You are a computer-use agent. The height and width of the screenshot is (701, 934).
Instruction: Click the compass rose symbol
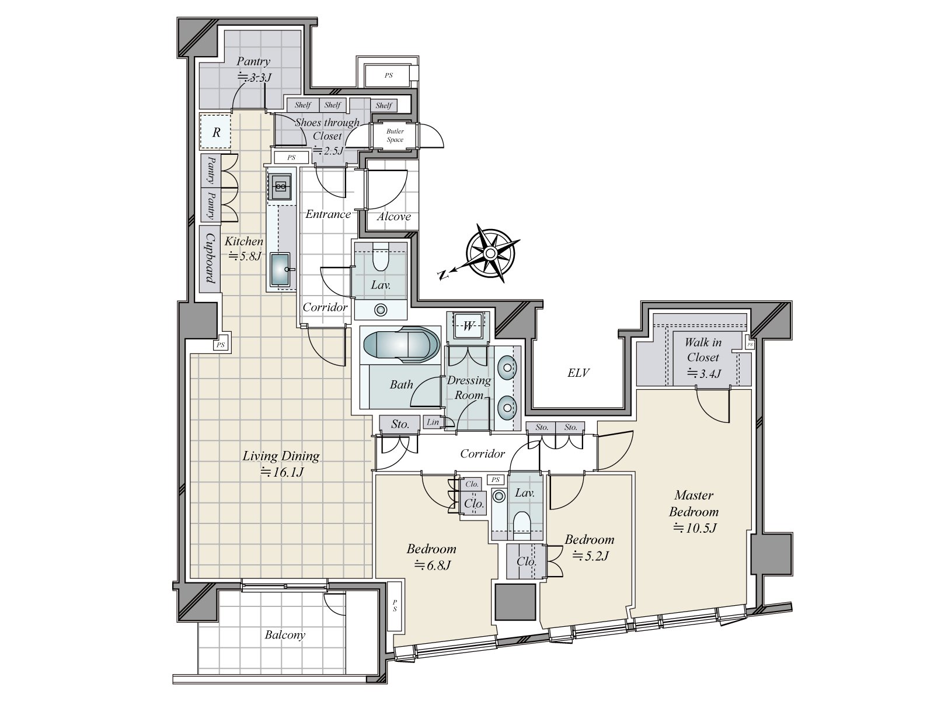490,254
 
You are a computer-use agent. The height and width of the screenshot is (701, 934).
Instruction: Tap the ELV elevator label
578,373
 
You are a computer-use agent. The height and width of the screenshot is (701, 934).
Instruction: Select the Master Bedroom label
693,503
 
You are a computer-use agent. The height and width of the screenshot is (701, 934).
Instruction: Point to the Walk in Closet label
703,349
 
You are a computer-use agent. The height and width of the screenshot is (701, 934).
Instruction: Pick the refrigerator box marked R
216,131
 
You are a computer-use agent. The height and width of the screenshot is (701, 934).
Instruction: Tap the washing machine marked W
468,326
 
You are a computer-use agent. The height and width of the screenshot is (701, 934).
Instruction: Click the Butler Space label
395,136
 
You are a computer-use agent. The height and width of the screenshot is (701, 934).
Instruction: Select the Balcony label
285,634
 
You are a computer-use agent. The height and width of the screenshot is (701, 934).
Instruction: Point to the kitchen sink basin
280,269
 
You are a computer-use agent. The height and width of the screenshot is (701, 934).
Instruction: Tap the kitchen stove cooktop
280,186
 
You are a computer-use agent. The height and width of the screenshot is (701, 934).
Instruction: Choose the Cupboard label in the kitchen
210,258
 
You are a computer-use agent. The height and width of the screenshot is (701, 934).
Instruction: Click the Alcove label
393,217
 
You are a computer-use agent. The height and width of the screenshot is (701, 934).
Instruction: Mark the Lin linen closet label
433,422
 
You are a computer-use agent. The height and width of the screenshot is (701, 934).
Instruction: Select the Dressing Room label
469,387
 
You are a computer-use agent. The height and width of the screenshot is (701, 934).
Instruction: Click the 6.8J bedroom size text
433,565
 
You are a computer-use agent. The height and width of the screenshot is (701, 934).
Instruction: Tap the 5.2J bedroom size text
591,556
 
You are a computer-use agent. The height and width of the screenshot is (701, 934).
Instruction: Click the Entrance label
328,214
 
